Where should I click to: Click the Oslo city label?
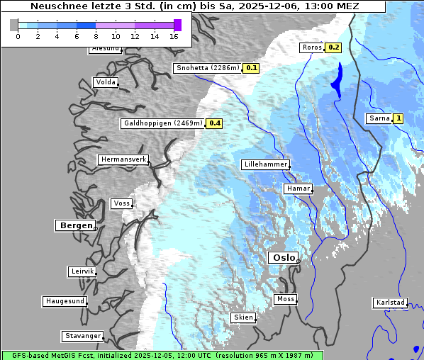(282, 258)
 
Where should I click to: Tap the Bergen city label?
(74, 225)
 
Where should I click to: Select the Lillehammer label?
(265, 164)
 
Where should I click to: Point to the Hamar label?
(297, 189)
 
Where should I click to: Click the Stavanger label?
(82, 336)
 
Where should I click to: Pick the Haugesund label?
(65, 301)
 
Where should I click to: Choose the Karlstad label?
(390, 303)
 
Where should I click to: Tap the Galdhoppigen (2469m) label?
(163, 123)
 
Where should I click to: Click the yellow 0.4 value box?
(215, 123)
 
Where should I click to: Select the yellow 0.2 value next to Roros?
(333, 47)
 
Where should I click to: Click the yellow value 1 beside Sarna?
(398, 118)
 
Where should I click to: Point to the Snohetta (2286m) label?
(207, 68)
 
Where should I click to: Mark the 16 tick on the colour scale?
(174, 36)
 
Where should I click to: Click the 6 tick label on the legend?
(77, 36)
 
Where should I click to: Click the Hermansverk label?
(123, 160)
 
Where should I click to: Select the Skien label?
(242, 317)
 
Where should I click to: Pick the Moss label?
(285, 299)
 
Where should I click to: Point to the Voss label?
(121, 203)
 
